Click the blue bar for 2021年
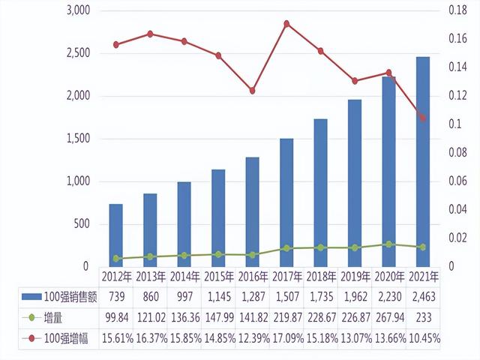click(x=422, y=161)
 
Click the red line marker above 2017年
click(x=286, y=24)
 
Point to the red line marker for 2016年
click(x=252, y=91)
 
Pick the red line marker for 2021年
click(x=422, y=118)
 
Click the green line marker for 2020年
click(x=388, y=244)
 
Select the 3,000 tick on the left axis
click(x=77, y=11)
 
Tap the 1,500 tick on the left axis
click(x=77, y=139)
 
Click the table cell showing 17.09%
click(x=286, y=338)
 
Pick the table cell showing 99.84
click(x=115, y=318)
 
